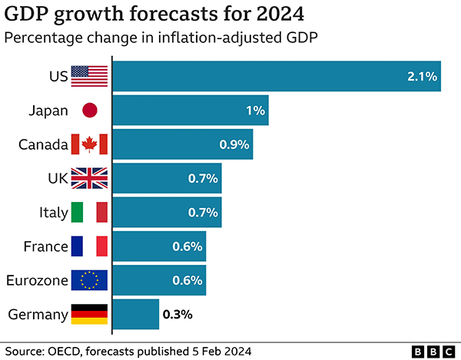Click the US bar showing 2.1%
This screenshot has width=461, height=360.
point(277,76)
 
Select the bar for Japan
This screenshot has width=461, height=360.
point(191,110)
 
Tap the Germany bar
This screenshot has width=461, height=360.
point(136,314)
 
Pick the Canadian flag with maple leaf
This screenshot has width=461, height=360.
point(89,144)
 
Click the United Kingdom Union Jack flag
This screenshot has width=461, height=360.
point(89,178)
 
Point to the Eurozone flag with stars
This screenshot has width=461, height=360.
point(89,280)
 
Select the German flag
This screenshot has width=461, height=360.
point(89,314)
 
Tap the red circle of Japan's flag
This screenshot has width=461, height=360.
point(90,110)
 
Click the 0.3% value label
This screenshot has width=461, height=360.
point(177,315)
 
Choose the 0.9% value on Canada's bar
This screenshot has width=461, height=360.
point(234,144)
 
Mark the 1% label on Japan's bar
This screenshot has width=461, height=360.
point(256,111)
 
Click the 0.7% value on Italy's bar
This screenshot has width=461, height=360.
point(203,213)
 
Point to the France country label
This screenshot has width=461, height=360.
point(46,246)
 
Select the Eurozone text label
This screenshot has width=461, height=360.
point(37,280)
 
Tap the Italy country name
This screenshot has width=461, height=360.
point(54,213)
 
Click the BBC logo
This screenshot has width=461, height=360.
point(433,352)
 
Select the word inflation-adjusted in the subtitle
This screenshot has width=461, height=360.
point(219,38)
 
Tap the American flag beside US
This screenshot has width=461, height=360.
point(89,76)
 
